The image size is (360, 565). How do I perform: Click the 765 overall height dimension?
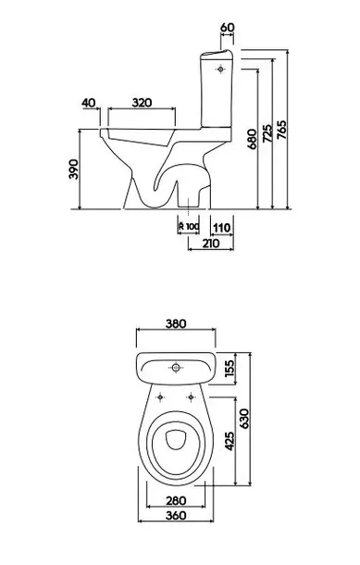[x=282, y=130]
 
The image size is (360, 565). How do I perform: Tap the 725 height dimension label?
[x=267, y=133]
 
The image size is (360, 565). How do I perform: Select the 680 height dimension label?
[x=253, y=139]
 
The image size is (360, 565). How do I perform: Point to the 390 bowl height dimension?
[x=73, y=169]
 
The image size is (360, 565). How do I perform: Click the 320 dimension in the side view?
[x=142, y=103]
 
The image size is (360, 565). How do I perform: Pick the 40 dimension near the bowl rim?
[x=89, y=103]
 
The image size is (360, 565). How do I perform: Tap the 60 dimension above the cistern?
[x=227, y=28]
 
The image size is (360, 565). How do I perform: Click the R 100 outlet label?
[x=189, y=227]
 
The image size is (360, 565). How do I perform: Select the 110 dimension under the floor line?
[x=222, y=228]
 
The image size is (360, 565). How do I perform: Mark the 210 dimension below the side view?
[x=211, y=244]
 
